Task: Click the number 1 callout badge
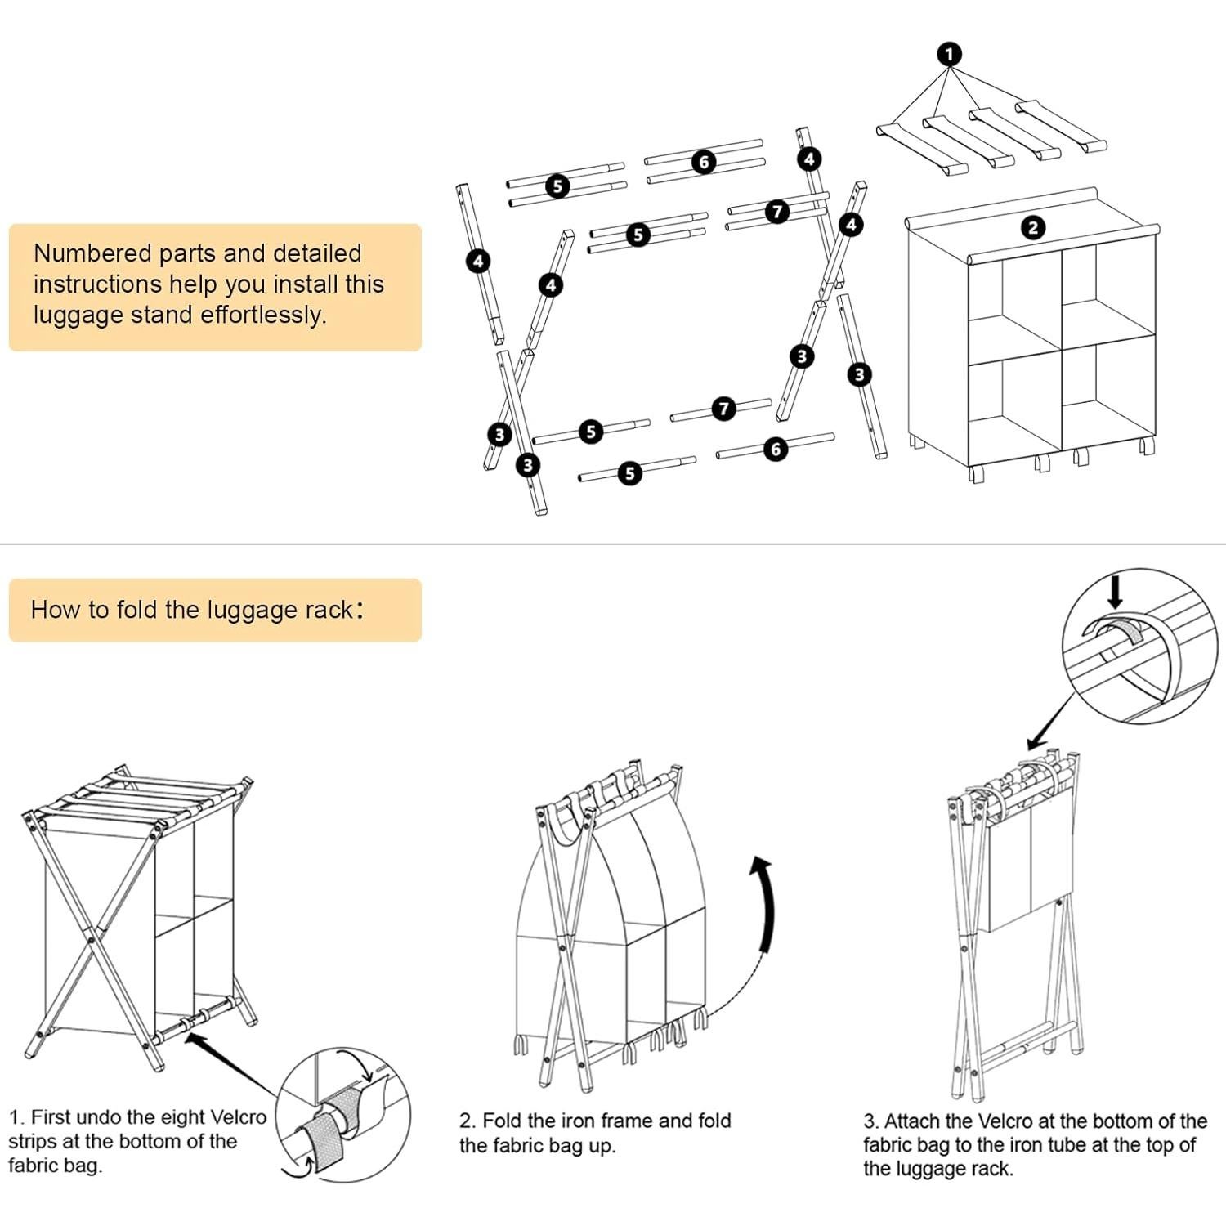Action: click(949, 55)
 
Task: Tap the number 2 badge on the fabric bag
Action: click(1033, 227)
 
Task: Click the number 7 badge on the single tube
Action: click(723, 408)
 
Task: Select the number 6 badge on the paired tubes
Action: click(704, 162)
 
